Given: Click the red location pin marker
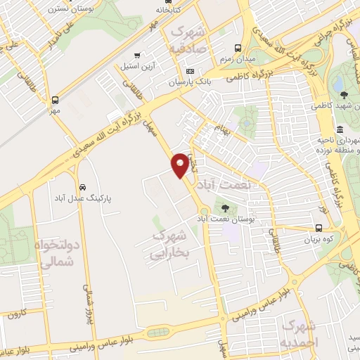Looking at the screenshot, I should coord(180,165).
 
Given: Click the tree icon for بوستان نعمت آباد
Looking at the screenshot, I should coord(225,208).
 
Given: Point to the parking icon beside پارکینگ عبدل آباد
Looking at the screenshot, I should coord(83,188).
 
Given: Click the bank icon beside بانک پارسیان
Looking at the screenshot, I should coord(190,71).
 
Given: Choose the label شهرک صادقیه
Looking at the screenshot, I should coord(188,42).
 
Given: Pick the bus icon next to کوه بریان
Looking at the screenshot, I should coord(319,228).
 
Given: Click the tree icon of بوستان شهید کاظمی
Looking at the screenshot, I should coord(342,96).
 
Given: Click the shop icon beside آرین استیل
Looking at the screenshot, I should coord(139,55).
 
